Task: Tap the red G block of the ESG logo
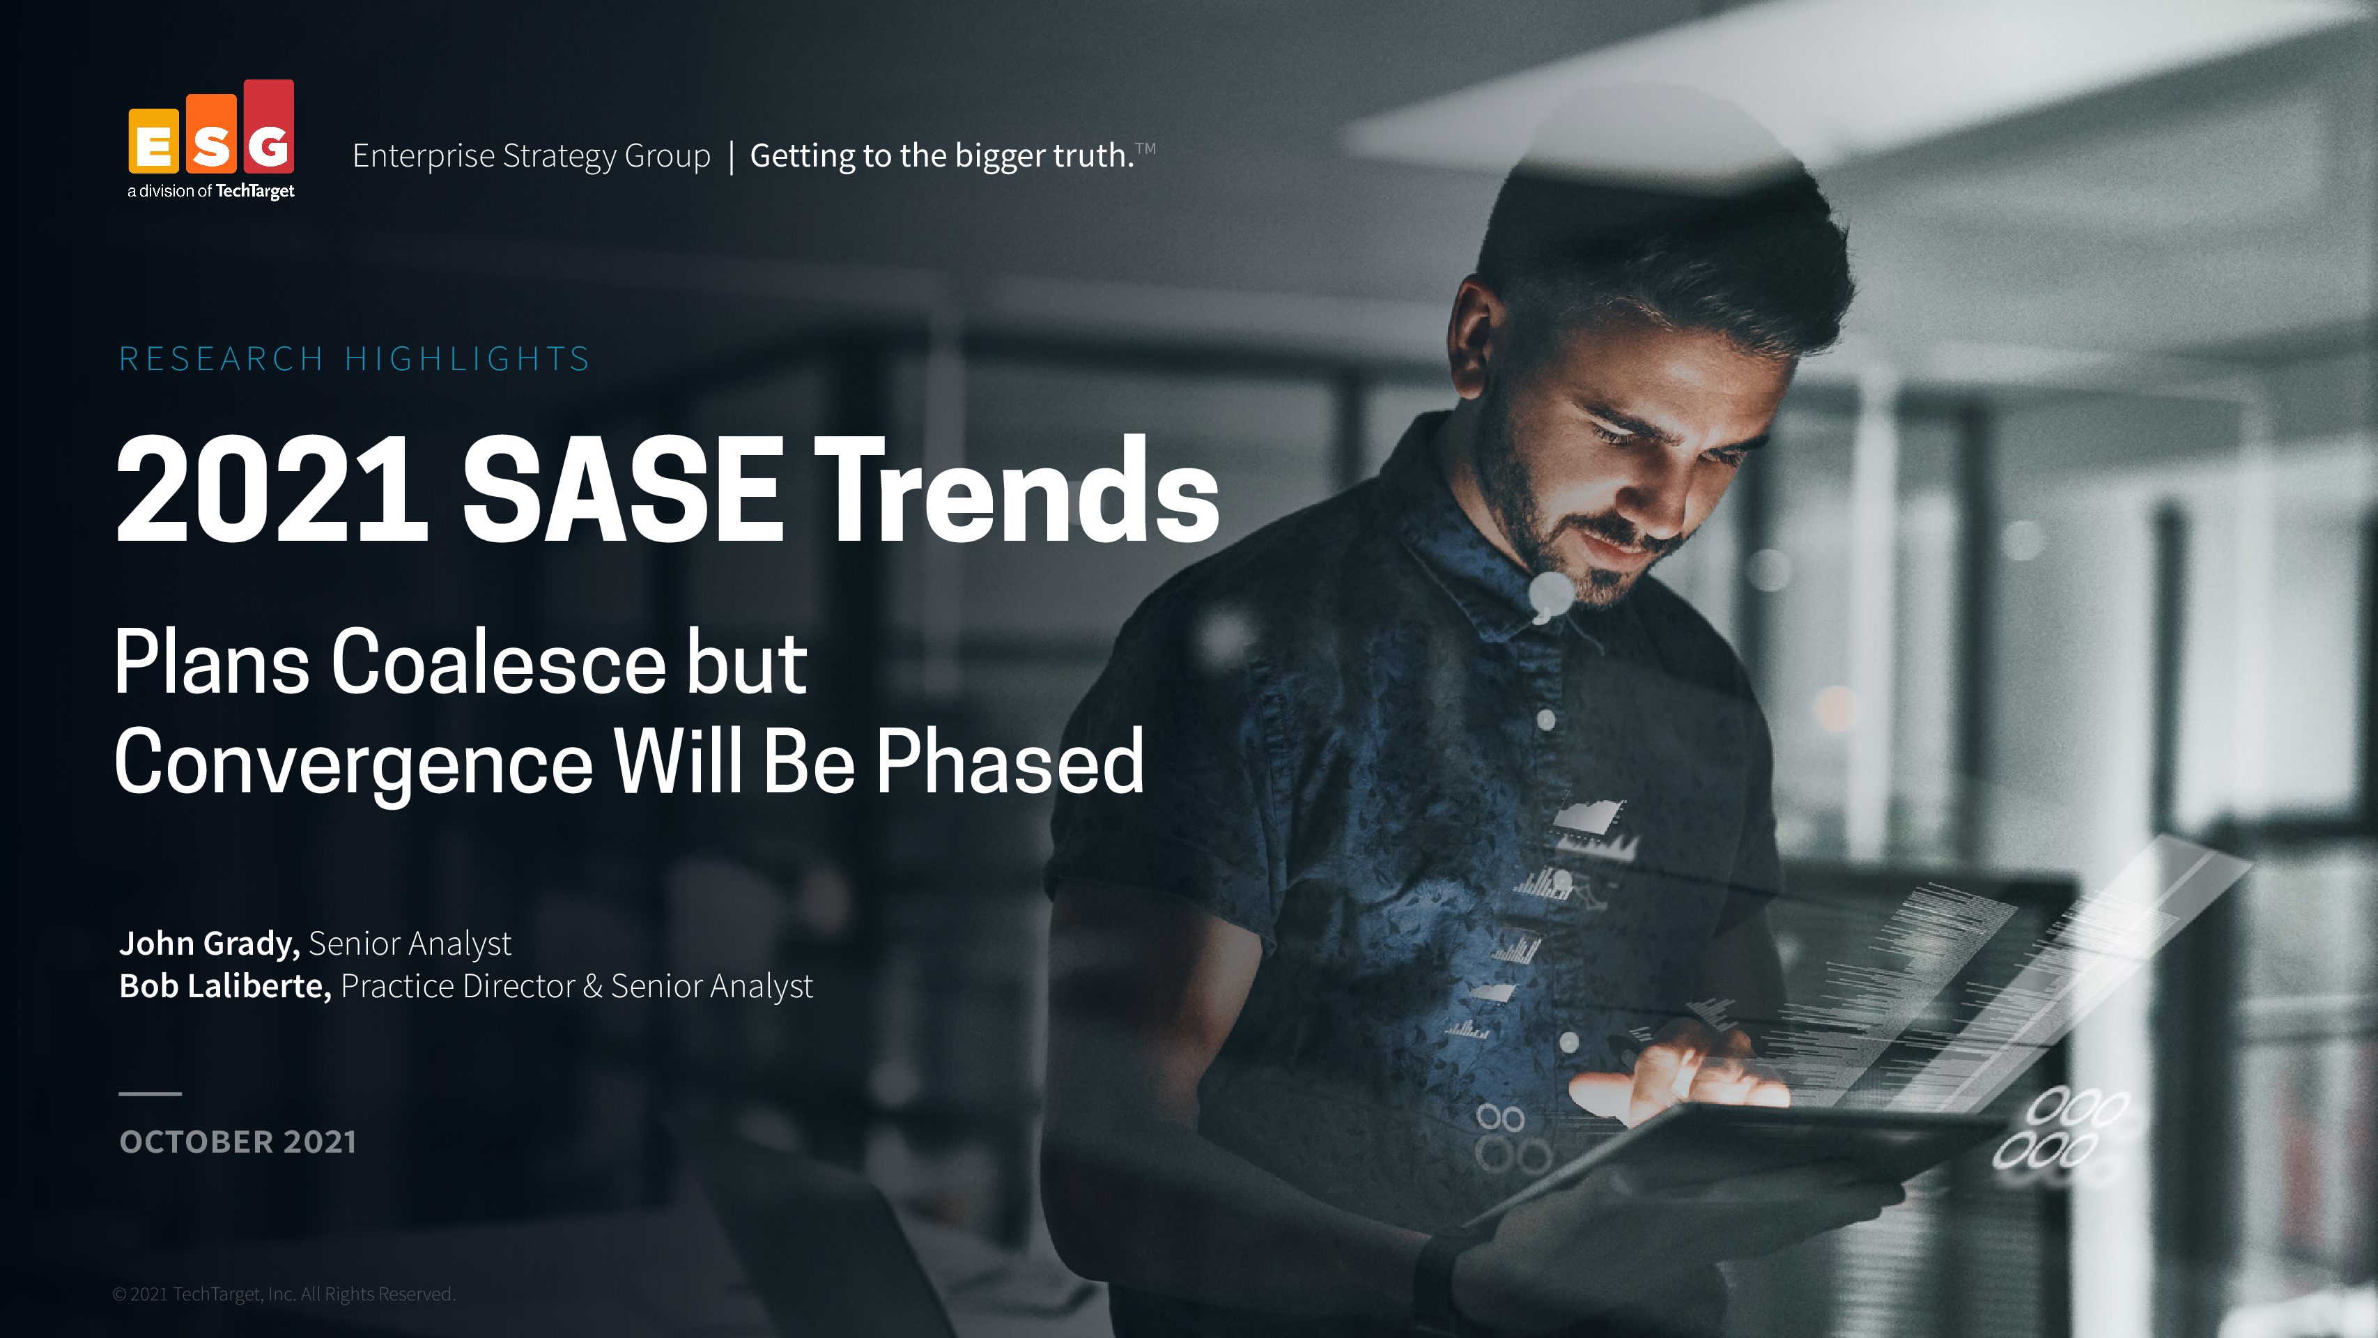click(269, 127)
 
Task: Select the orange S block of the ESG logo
click(211, 134)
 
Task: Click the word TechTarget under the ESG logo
click(255, 191)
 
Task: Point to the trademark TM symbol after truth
click(1145, 148)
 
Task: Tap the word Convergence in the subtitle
click(353, 762)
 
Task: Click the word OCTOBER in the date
click(196, 1142)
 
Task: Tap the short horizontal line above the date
click(150, 1093)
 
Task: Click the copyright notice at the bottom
click(284, 1293)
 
